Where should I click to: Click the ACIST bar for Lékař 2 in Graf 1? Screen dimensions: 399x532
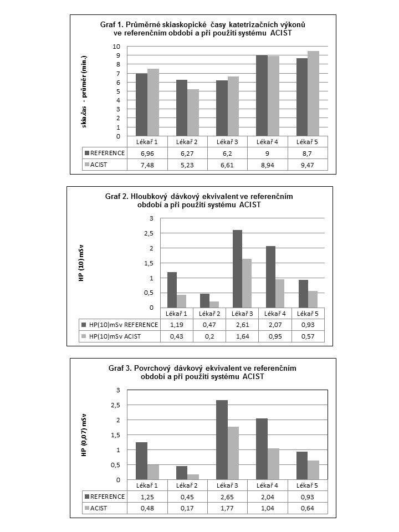(x=193, y=112)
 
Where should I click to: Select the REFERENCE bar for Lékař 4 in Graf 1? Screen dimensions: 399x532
(x=262, y=96)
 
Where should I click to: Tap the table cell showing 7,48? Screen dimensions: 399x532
(x=147, y=165)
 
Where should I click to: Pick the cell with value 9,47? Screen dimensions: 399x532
(x=308, y=165)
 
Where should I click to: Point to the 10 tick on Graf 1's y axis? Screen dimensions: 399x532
(x=116, y=47)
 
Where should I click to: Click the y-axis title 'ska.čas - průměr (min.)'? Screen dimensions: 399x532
(x=84, y=91)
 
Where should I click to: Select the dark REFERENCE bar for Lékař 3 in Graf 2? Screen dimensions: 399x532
(x=238, y=269)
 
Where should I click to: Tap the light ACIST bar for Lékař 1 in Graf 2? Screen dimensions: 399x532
(x=182, y=301)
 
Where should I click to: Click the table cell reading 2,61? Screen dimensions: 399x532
(x=242, y=325)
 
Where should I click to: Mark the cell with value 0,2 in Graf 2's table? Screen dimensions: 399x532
(x=209, y=336)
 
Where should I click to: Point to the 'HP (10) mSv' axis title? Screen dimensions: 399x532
(x=81, y=263)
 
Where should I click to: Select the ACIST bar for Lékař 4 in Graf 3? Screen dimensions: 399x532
(x=273, y=464)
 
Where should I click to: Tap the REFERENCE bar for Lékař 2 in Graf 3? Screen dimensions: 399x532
(x=182, y=473)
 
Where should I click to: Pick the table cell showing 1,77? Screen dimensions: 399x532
(x=227, y=508)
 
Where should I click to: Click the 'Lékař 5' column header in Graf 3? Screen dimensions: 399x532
(x=308, y=485)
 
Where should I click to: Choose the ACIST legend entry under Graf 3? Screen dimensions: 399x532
(x=96, y=508)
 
